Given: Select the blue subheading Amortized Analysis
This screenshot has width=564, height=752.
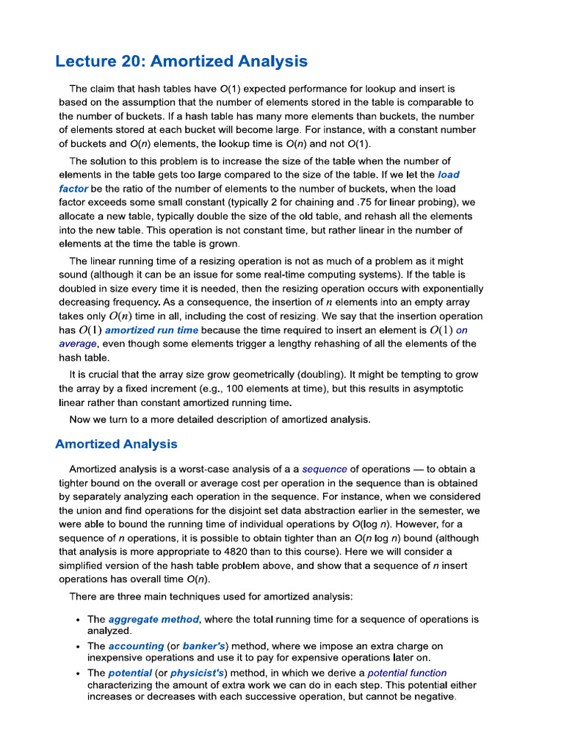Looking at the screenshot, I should coord(116,444).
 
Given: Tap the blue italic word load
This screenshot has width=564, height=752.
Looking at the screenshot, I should coord(449,175).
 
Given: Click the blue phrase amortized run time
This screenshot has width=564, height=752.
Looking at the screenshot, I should coord(151,330).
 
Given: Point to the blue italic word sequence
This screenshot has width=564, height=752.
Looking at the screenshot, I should coord(325,469).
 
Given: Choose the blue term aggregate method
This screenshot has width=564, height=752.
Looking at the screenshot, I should coord(153,619).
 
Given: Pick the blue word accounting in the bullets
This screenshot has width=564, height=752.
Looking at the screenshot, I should coord(136,646).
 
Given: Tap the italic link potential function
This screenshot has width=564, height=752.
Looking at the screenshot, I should coord(407,673).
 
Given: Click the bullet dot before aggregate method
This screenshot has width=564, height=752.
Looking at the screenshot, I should coord(77,620).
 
